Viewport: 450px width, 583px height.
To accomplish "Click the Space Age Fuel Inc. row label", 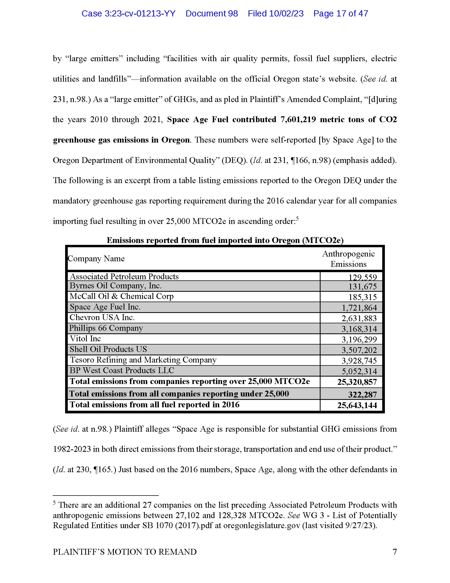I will click(x=105, y=307).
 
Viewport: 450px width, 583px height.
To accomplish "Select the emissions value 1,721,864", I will click(x=359, y=308).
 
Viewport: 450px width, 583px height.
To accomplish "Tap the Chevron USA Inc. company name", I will click(x=102, y=317).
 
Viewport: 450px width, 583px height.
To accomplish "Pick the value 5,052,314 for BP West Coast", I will click(x=359, y=371).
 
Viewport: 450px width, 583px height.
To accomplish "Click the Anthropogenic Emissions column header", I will click(x=348, y=259).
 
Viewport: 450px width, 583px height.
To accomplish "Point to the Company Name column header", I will click(x=96, y=258).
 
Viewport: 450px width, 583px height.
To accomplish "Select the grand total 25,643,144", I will click(x=357, y=405).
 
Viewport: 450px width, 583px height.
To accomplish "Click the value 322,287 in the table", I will click(x=362, y=395).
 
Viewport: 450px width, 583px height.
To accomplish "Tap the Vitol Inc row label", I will click(x=85, y=339).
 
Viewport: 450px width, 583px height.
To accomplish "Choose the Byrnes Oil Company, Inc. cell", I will click(x=116, y=286).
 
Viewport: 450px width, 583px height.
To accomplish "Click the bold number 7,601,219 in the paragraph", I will click(x=298, y=120).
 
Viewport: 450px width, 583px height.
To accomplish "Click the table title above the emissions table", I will click(x=225, y=240).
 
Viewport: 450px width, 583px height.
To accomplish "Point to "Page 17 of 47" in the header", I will click(x=340, y=14).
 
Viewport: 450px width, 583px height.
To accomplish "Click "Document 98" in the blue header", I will click(x=211, y=14).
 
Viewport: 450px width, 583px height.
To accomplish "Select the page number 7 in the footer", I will click(x=395, y=551).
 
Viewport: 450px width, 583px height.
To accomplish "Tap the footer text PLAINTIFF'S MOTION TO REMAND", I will click(x=125, y=551).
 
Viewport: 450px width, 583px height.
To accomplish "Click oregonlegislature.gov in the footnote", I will click(x=261, y=525).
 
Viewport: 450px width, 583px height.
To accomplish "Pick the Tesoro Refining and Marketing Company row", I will click(x=143, y=360).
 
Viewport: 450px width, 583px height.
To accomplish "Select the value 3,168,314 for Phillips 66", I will click(x=359, y=329).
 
